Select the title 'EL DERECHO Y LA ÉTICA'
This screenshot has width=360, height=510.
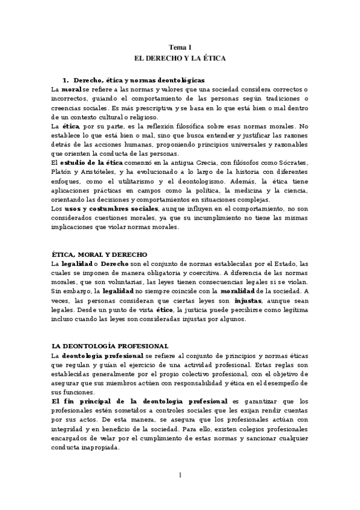pos(180,59)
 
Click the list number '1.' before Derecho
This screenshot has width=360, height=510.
pos(66,80)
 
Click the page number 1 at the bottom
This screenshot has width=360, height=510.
pos(180,475)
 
